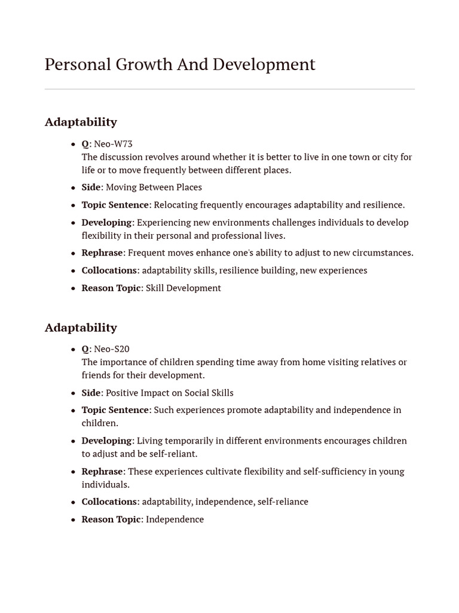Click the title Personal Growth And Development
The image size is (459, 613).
coord(180,65)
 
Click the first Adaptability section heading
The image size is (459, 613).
coord(81,122)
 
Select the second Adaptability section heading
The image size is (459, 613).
coord(81,327)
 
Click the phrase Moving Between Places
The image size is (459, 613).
coord(154,187)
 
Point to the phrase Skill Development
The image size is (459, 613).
coord(183,288)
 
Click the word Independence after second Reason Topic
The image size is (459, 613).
coord(175,520)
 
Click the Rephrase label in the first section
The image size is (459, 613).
coord(102,253)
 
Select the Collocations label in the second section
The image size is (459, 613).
coord(109,502)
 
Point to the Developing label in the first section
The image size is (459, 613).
coord(106,223)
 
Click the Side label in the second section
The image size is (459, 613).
coord(91,393)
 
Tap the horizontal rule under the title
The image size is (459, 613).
coord(229,89)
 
